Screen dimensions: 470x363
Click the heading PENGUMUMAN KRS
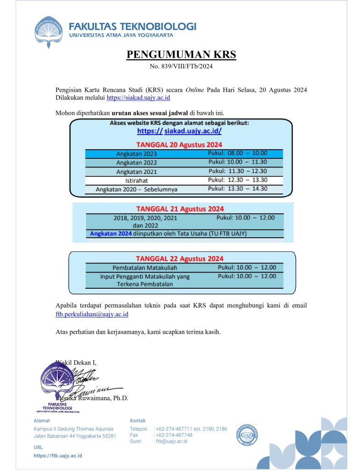click(181, 55)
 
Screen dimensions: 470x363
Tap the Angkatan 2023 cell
click(136, 154)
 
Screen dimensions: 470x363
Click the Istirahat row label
click(136, 180)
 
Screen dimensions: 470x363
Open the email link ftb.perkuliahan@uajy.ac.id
click(92, 314)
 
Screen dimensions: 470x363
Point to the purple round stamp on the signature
click(57, 380)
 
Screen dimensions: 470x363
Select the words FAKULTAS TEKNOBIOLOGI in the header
click(133, 26)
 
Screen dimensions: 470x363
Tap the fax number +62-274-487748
click(174, 435)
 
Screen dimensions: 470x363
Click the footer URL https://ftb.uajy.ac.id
click(58, 456)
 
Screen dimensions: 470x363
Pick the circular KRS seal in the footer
click(247, 434)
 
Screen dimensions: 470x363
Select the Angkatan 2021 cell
click(136, 172)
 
